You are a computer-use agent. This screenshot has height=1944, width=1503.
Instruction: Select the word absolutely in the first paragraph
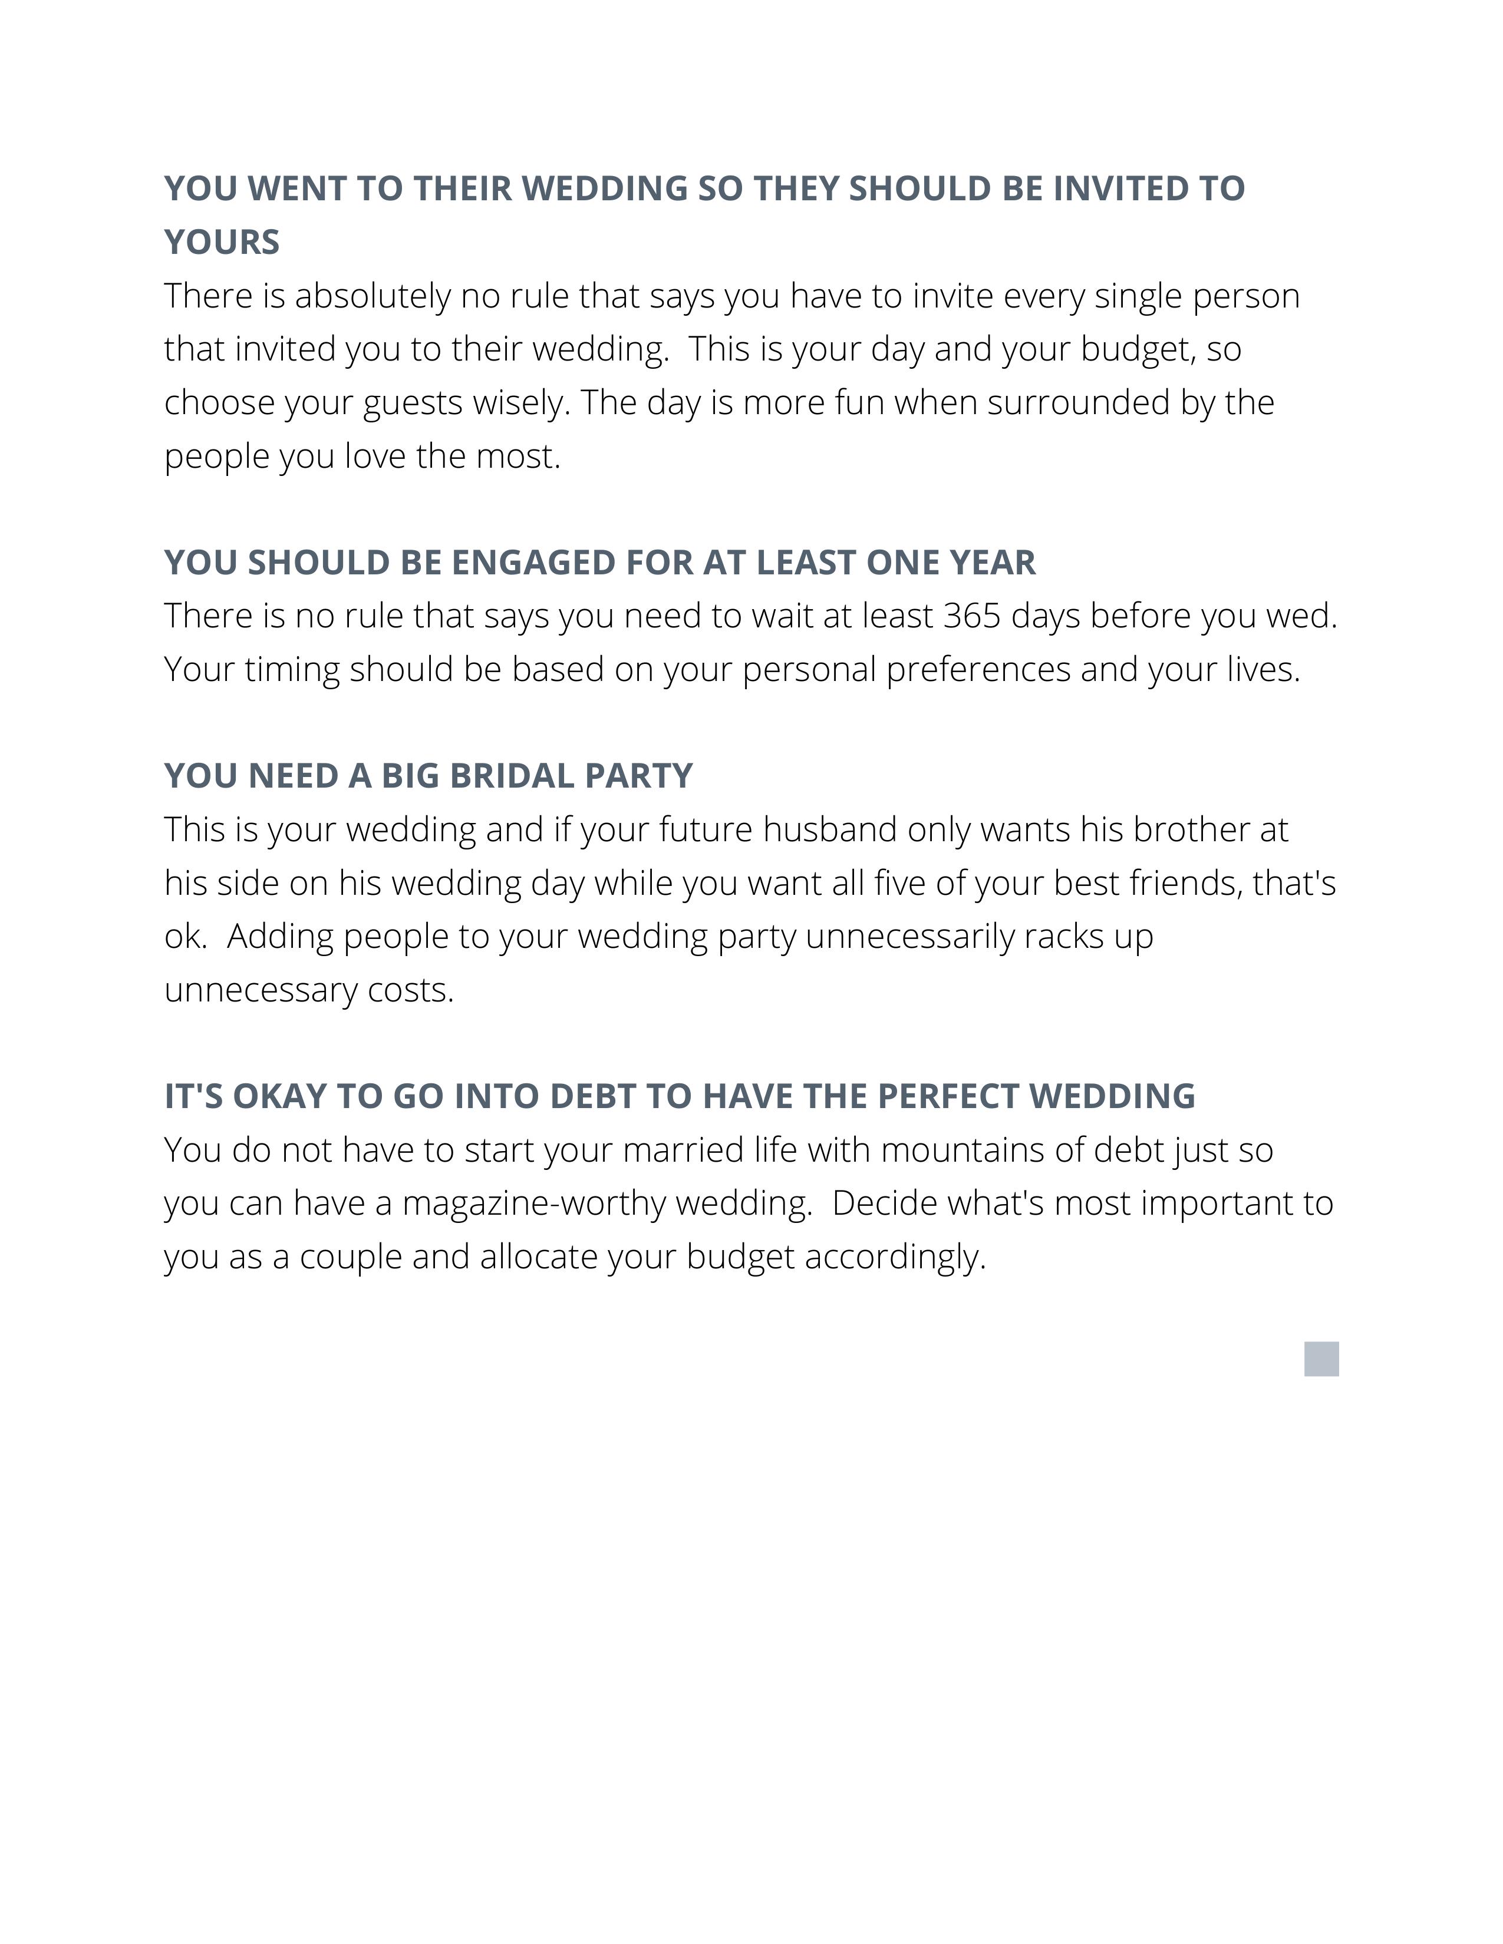(x=372, y=296)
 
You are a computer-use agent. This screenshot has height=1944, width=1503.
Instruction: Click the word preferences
(x=978, y=669)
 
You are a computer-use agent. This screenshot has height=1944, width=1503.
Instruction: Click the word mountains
(x=964, y=1150)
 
